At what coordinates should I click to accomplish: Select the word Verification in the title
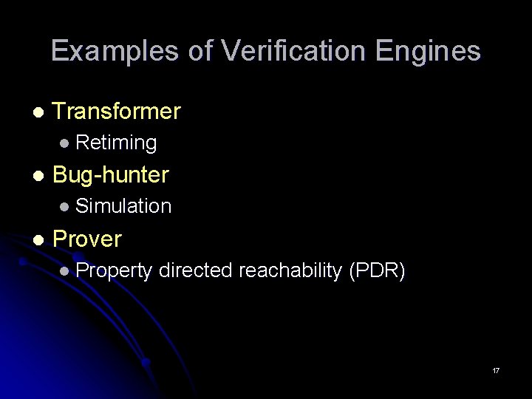click(x=294, y=52)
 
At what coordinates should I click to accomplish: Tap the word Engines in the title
click(x=428, y=52)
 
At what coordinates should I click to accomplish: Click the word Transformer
click(x=117, y=112)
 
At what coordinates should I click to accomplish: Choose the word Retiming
click(x=116, y=143)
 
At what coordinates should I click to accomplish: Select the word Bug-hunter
click(x=111, y=175)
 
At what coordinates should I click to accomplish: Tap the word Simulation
click(x=123, y=206)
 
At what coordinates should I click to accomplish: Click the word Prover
click(x=87, y=239)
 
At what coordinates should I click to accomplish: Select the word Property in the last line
click(x=114, y=271)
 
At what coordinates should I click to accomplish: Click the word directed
click(x=195, y=270)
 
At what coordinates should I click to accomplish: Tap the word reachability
click(x=290, y=270)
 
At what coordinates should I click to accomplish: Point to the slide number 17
click(x=496, y=370)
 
